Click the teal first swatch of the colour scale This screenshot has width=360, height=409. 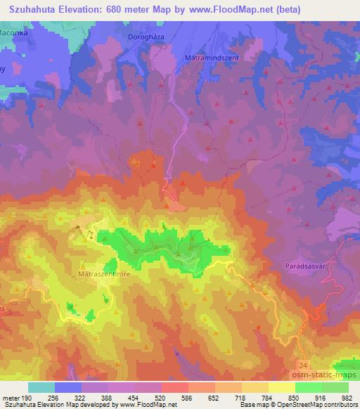tap(41, 387)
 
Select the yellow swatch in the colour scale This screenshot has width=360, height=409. tap(281, 387)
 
